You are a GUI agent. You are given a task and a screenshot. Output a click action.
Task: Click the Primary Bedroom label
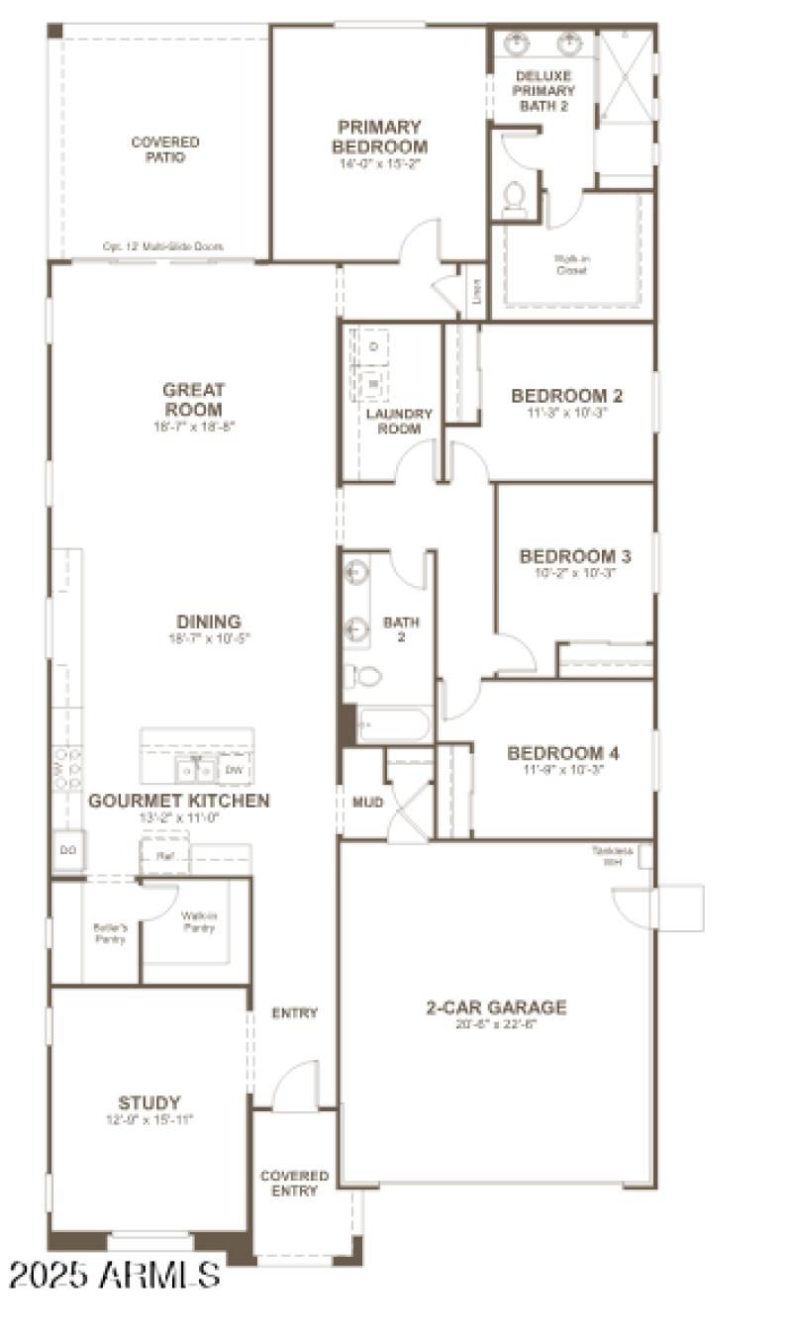pyautogui.click(x=379, y=136)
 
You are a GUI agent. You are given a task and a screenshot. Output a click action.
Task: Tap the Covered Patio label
pyautogui.click(x=165, y=149)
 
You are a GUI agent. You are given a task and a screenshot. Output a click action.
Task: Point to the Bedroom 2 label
pyautogui.click(x=566, y=397)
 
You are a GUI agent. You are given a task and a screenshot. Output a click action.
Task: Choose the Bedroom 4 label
pyautogui.click(x=563, y=754)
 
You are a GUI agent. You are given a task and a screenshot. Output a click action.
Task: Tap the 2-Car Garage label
pyautogui.click(x=496, y=1008)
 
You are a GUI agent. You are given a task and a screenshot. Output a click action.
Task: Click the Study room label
pyautogui.click(x=149, y=1102)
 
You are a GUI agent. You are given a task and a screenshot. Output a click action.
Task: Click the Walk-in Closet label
pyautogui.click(x=571, y=264)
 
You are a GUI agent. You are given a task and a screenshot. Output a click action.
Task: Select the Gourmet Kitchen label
pyautogui.click(x=179, y=801)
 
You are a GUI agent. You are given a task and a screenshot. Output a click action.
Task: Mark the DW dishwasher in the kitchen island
pyautogui.click(x=234, y=769)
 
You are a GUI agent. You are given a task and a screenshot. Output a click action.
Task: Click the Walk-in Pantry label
pyautogui.click(x=198, y=921)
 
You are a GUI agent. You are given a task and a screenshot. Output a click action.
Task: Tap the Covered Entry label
pyautogui.click(x=294, y=1183)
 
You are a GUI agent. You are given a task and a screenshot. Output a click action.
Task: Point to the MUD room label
pyautogui.click(x=367, y=803)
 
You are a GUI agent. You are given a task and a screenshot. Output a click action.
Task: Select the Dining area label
pyautogui.click(x=210, y=622)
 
